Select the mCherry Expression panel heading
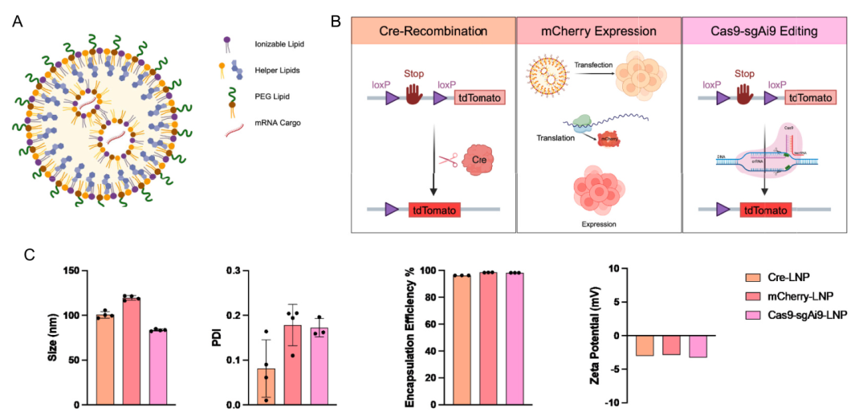pos(598,32)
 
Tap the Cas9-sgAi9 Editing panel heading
pos(761,32)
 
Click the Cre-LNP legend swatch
pos(752,278)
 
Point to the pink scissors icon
pos(448,160)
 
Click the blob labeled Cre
pos(480,159)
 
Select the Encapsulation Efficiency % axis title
pos(411,337)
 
